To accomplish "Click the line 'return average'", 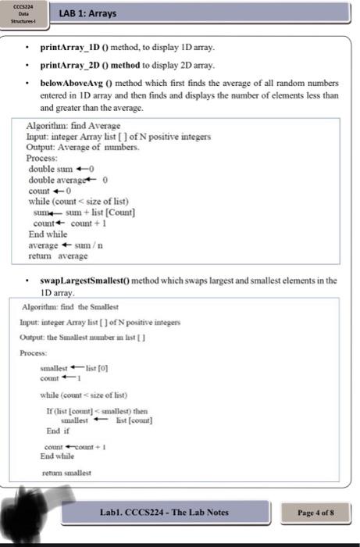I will (58, 255).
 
